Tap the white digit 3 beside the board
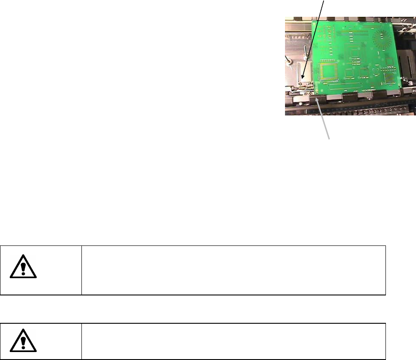(x=411, y=83)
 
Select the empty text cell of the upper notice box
(x=234, y=270)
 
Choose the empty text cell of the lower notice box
(x=234, y=341)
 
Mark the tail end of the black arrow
(x=326, y=1)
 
